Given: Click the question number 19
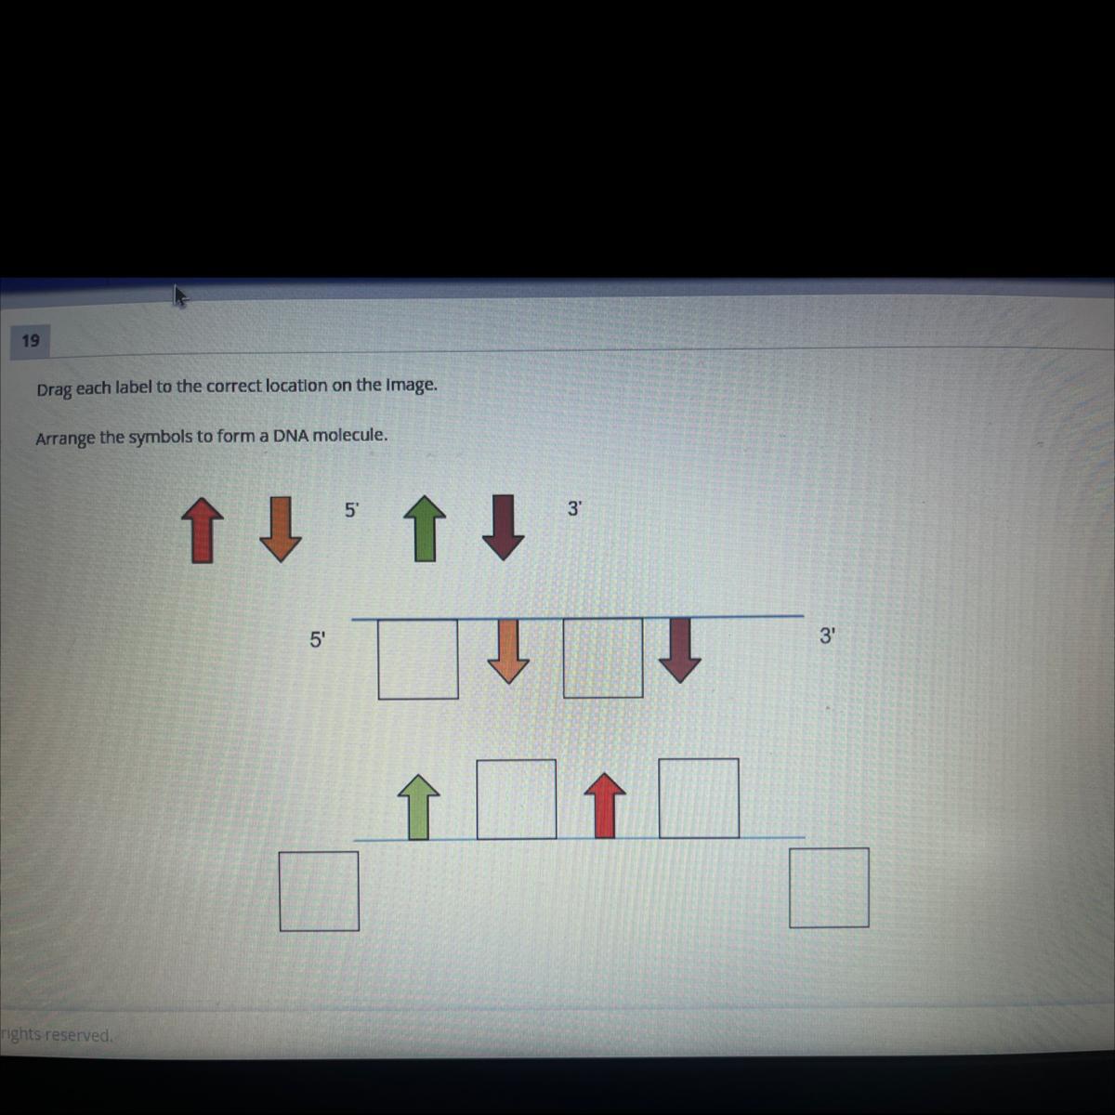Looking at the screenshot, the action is point(31,341).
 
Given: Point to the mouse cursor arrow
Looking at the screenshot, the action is point(180,295).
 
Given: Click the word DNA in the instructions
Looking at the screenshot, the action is point(291,436).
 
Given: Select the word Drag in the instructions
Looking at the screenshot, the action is point(55,389).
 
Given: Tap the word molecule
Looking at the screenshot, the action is point(349,435).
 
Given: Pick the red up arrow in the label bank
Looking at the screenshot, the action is point(202,531).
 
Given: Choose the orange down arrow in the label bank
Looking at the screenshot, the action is point(281,530).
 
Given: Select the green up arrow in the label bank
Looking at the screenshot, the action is point(425,529).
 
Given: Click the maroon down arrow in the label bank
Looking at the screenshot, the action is point(503,527).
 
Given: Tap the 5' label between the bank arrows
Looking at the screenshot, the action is point(352,510).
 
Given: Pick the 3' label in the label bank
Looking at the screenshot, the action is point(574,508).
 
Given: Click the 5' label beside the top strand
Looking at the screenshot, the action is point(318,640).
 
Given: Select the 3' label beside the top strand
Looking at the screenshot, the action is point(827,636).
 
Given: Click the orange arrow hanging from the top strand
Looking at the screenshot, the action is point(508,651).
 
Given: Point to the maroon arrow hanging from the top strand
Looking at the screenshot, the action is point(680,649).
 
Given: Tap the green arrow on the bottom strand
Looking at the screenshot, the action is point(419,807).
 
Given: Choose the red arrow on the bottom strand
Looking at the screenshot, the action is point(605,805).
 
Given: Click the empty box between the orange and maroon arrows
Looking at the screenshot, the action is point(603,658).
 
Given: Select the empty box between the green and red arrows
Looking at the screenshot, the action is point(516,799).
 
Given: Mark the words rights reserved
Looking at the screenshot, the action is point(56,1034).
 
